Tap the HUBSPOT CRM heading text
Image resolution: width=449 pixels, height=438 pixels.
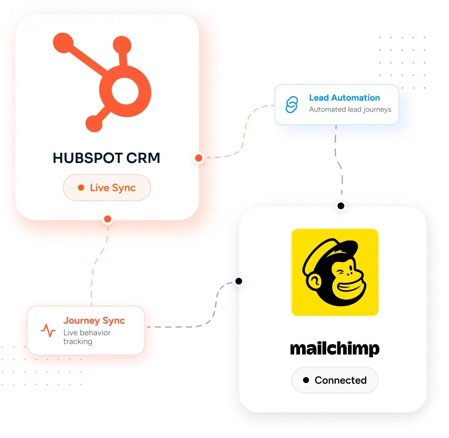106,158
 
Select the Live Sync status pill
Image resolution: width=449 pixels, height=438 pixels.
107,188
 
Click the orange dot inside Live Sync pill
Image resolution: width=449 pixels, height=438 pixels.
81,188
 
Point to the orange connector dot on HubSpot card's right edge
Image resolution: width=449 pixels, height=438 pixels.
199,158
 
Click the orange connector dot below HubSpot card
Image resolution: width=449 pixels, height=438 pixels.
108,219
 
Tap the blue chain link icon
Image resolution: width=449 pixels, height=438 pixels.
292,105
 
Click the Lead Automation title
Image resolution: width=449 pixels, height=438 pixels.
344,98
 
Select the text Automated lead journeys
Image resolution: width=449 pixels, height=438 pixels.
350,110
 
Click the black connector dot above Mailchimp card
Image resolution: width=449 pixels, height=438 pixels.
341,206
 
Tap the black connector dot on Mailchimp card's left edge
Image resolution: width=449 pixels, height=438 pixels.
239,281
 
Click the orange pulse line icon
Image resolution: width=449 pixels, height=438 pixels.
48,330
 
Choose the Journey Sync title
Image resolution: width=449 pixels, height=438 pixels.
94,321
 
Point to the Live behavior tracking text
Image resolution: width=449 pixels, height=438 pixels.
87,337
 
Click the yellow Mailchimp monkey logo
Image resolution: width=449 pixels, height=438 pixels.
335,272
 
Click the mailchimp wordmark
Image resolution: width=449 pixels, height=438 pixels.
335,349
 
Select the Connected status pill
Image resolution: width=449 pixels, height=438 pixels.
335,380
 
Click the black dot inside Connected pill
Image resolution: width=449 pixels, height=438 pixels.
306,380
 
